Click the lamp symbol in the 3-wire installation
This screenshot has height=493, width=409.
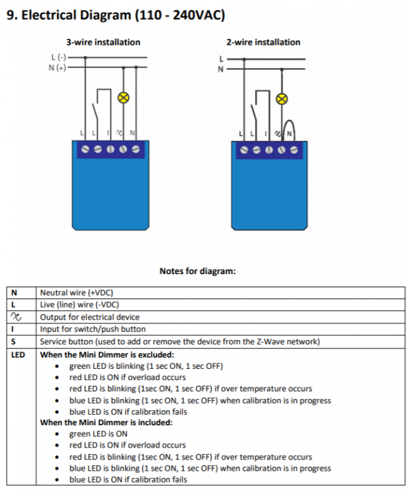pos(124,98)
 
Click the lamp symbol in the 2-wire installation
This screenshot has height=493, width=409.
pos(282,99)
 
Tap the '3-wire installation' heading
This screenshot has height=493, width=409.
pos(103,42)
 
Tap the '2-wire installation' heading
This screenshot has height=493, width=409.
pos(263,42)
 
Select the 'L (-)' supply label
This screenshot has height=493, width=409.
pos(59,57)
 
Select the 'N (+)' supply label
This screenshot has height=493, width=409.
pos(58,68)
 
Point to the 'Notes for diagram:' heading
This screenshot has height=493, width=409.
pos(197,271)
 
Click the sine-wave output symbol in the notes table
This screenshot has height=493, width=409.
pos(16,317)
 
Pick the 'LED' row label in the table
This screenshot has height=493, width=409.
pos(18,355)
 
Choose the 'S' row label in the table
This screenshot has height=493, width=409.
pos(13,341)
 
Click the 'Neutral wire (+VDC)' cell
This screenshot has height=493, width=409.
pos(76,293)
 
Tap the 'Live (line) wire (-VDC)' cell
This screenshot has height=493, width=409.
pos(80,304)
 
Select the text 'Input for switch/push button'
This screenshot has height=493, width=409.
pos(93,329)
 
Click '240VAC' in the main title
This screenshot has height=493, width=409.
pos(199,14)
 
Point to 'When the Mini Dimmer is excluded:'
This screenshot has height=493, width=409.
pos(107,355)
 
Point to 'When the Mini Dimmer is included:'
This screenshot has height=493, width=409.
pos(107,422)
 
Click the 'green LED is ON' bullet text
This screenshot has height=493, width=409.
pos(99,434)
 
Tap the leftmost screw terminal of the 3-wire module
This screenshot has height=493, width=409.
pos(85,149)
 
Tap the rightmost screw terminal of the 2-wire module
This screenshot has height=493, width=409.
pos(294,150)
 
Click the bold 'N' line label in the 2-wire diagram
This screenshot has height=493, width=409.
pos(220,69)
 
